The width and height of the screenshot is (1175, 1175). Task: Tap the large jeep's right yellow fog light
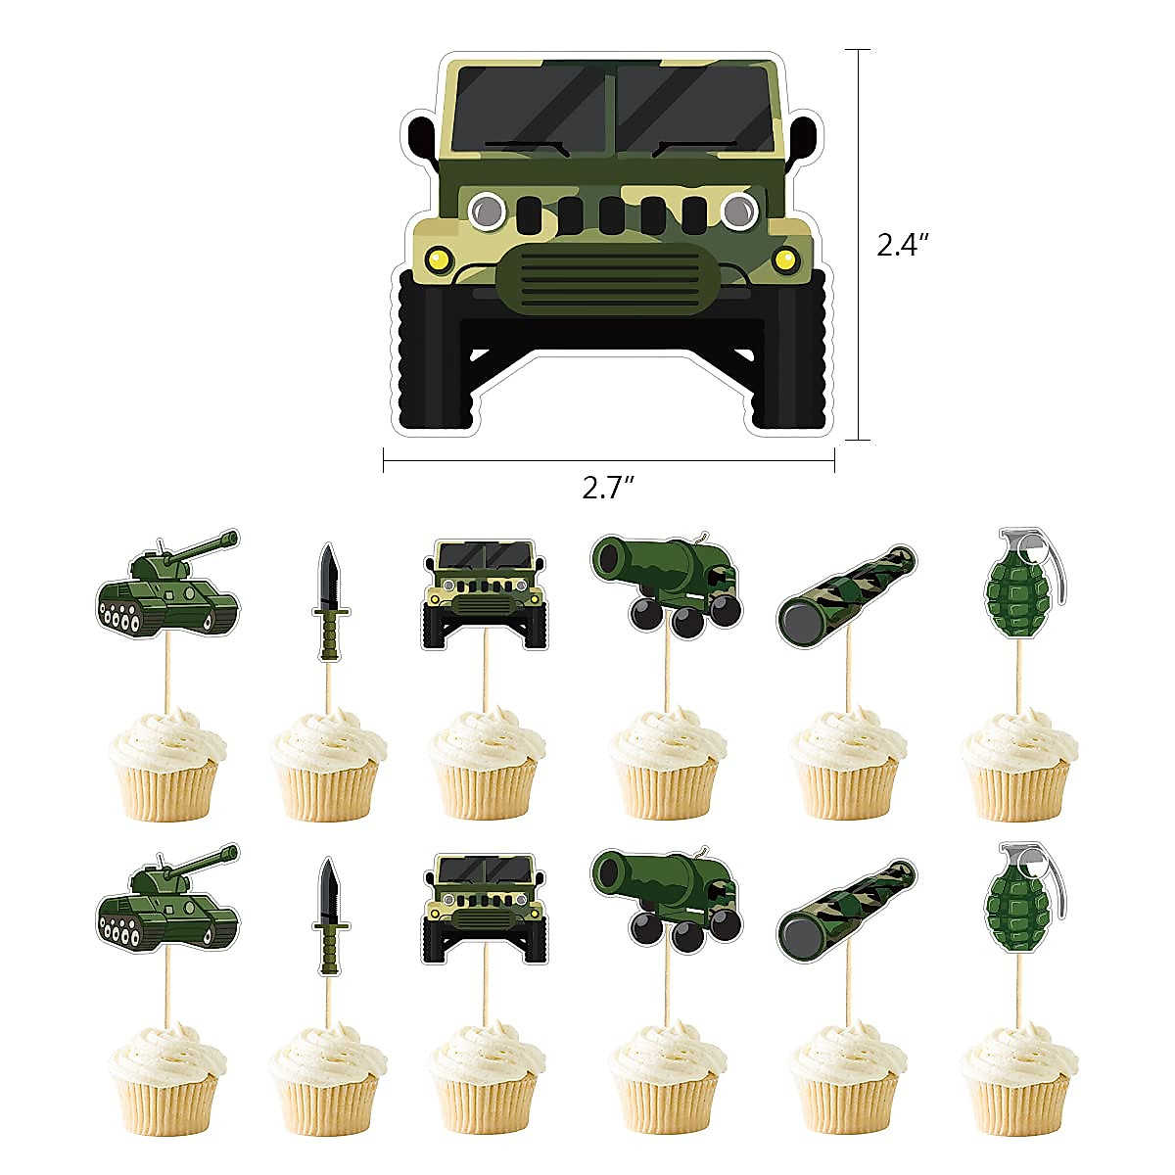coord(784,259)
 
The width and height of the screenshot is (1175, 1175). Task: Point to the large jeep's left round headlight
coord(486,208)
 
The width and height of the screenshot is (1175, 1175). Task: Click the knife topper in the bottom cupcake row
coord(328,916)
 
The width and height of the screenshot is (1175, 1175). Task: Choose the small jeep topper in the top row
coord(485,593)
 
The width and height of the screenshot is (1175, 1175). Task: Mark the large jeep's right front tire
coord(792,352)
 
